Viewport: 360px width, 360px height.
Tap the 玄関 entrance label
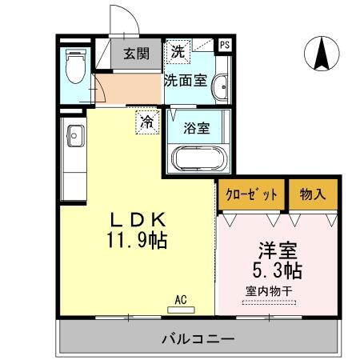[136, 54]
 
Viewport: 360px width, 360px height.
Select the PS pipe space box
[225, 46]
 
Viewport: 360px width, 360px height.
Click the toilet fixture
[74, 69]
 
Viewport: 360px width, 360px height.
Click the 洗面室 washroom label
[186, 80]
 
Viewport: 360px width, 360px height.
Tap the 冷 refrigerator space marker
[146, 122]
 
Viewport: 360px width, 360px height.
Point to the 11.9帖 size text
[136, 240]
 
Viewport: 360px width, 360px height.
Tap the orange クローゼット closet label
[250, 194]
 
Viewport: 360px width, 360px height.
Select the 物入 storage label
[311, 194]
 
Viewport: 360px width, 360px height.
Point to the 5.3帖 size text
[277, 269]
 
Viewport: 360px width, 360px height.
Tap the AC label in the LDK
[180, 300]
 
